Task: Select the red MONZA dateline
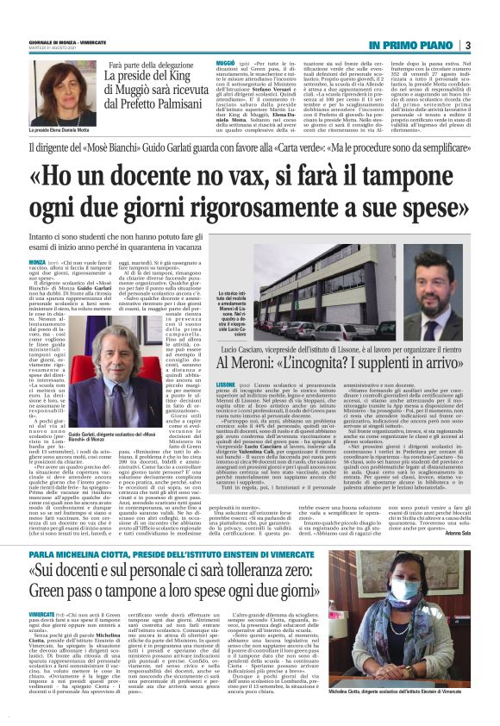tap(37, 261)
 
